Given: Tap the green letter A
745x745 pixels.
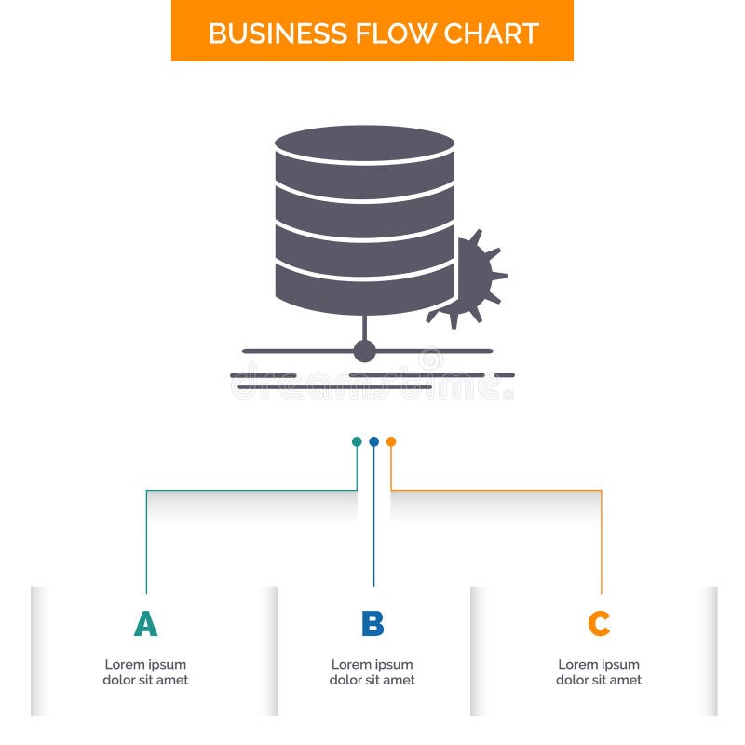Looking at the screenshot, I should pos(145,624).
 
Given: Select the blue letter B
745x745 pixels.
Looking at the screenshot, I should pos(372,624).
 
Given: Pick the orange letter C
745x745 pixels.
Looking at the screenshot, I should pos(599,624).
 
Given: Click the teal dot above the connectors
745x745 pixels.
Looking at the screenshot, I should pos(357,441).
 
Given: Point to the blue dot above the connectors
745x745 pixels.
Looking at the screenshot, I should pos(373,441).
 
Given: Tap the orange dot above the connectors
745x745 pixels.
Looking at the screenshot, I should pos(391,441).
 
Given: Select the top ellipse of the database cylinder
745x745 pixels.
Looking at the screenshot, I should pos(364,144).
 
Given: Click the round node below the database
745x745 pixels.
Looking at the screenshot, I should pos(364,351).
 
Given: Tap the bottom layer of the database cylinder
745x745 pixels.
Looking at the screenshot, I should pos(364,292).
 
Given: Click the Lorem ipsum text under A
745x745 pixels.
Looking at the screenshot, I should pos(145,672).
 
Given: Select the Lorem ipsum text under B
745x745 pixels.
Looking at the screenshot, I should pos(372,672).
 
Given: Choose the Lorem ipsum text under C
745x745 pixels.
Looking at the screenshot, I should pos(599,672).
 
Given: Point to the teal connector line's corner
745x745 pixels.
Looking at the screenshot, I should pos(146,490).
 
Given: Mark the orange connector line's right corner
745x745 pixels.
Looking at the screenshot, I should pos(601,490).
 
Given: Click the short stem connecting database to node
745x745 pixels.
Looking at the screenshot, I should pos(364,327).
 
